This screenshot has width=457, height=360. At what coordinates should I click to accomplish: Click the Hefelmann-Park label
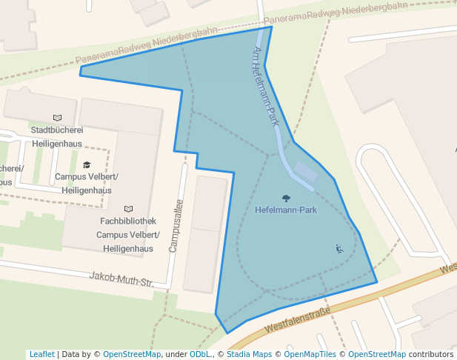[285, 210]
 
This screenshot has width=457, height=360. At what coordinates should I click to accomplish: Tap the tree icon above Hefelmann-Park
[286, 198]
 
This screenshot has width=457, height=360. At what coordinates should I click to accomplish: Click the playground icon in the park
[339, 249]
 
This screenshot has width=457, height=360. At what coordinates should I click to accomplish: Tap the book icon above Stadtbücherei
[57, 117]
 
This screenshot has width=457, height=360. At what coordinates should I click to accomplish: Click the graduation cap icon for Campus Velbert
[87, 164]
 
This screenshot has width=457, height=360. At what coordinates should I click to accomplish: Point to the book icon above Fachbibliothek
[128, 209]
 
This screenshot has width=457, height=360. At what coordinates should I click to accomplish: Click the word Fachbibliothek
[128, 221]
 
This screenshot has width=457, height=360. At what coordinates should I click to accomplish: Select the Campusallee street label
[176, 225]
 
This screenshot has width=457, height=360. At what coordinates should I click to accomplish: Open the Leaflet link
[41, 354]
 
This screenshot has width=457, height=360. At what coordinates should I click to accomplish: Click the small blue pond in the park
[306, 173]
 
